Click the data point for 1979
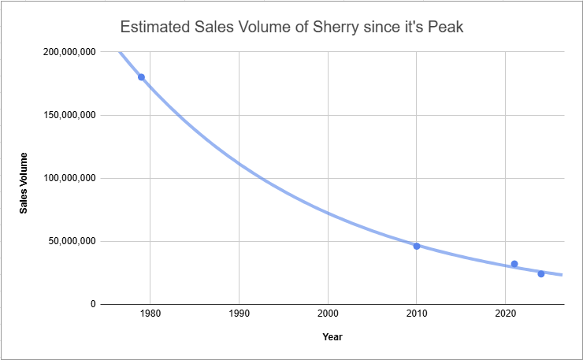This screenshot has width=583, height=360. click(141, 77)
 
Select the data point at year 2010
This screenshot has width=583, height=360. click(417, 247)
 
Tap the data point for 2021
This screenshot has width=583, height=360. click(514, 264)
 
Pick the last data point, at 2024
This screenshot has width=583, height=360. click(541, 274)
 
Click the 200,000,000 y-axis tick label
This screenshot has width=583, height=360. click(69, 52)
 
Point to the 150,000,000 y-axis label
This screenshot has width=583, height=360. click(69, 115)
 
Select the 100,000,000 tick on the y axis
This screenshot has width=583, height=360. click(69, 178)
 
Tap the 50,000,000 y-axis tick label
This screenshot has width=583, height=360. click(72, 241)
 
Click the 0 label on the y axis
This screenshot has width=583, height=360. click(93, 304)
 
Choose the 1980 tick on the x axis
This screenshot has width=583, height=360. click(150, 314)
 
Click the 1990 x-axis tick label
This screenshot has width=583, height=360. click(239, 314)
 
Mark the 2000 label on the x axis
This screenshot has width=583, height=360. click(328, 314)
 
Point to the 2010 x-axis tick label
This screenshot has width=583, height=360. click(417, 314)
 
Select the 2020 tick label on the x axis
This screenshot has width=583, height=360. click(505, 314)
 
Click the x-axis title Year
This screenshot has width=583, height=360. click(332, 337)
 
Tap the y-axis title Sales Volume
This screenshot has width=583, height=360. click(24, 183)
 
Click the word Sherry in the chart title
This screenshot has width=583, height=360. click(336, 28)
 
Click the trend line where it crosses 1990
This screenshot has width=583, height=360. click(239, 164)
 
